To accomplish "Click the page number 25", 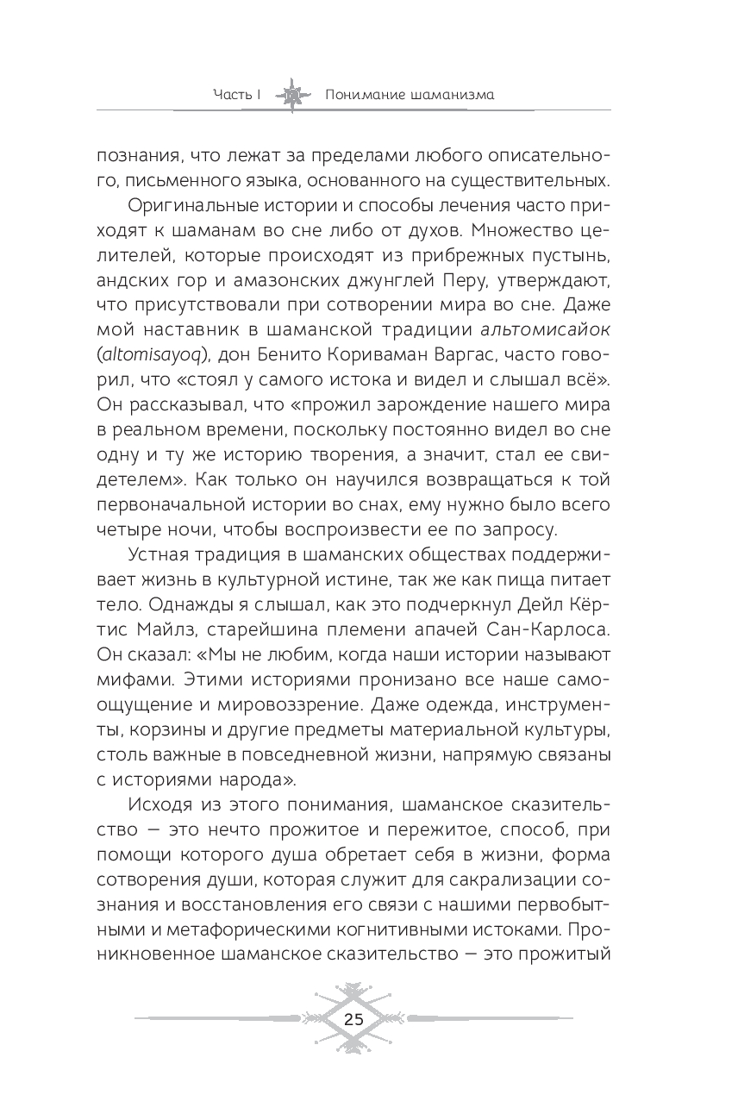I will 353,1017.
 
